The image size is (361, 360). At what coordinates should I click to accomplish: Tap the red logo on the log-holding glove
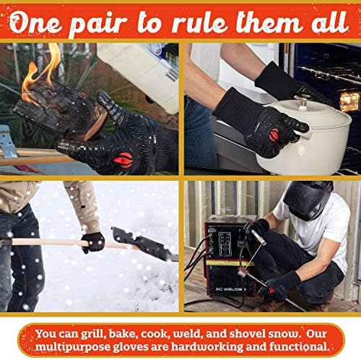[x=123, y=160]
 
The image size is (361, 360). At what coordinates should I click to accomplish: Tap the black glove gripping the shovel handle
[x=92, y=241]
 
